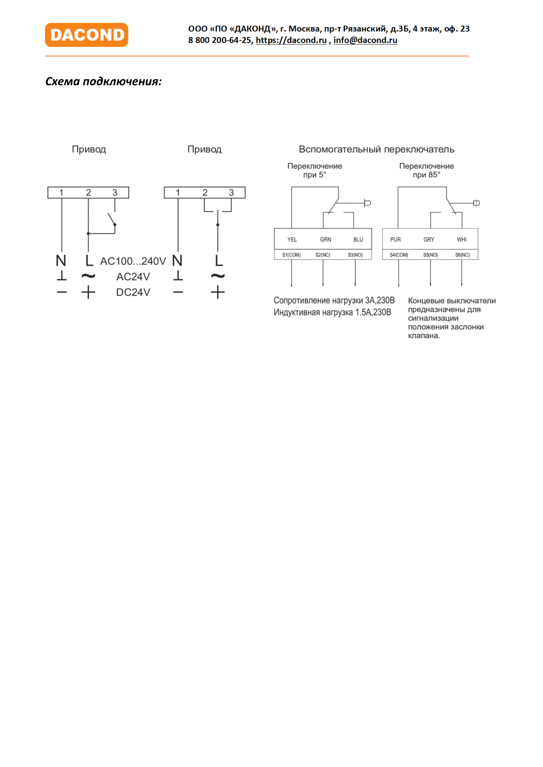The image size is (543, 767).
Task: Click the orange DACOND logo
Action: (86, 35)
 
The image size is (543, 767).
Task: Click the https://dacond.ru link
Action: (291, 40)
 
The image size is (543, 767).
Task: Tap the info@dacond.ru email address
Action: (365, 40)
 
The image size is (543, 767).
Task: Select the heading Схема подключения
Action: (104, 81)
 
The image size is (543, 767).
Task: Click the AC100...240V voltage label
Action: (133, 261)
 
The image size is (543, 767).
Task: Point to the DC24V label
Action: (133, 292)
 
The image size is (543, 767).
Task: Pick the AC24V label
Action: (133, 277)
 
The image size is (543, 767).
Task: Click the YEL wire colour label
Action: (292, 240)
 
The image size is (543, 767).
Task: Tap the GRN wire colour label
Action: (326, 240)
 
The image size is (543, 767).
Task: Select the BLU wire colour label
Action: (358, 240)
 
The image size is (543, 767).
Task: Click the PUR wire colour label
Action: (395, 240)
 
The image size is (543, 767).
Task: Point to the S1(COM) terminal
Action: (291, 255)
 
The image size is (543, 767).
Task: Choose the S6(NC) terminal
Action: (462, 255)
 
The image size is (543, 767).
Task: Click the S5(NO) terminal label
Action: (430, 255)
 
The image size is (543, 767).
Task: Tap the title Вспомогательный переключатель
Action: (377, 149)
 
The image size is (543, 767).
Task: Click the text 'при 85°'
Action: (426, 175)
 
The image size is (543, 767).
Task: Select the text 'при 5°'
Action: (314, 175)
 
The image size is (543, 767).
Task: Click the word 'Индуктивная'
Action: (296, 312)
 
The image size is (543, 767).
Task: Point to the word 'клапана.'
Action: (424, 336)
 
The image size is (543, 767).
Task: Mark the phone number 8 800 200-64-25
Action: (220, 40)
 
